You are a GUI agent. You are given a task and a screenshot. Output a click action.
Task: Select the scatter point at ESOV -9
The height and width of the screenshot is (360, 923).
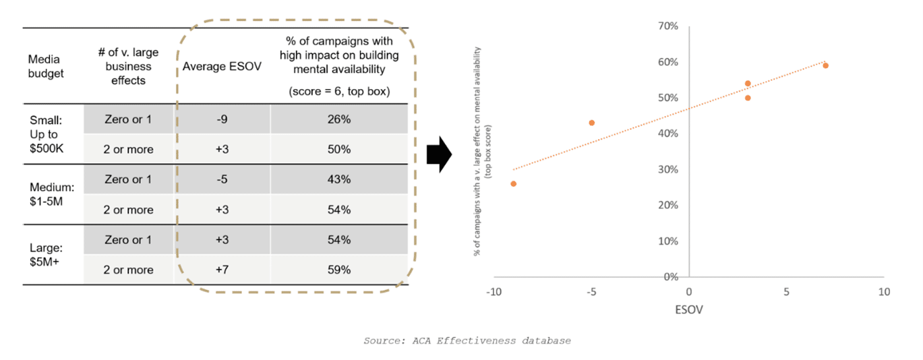(514, 183)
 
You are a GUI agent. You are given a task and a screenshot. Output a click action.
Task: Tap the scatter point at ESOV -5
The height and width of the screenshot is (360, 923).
(591, 123)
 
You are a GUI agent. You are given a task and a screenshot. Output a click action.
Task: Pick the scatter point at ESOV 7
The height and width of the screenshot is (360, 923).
(825, 65)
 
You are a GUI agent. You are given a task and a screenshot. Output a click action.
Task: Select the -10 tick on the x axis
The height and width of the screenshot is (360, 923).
(494, 292)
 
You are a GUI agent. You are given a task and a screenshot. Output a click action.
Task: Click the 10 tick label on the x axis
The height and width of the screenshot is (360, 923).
(883, 292)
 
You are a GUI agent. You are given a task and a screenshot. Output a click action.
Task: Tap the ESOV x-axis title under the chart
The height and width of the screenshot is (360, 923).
(688, 311)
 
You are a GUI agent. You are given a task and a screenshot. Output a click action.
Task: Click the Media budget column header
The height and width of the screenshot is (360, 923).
(47, 67)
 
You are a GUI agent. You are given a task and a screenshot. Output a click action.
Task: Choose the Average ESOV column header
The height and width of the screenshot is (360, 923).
(222, 67)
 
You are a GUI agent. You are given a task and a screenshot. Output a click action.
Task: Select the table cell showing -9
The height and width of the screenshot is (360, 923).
(222, 119)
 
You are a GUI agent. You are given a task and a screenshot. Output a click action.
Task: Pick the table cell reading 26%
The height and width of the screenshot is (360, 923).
(338, 119)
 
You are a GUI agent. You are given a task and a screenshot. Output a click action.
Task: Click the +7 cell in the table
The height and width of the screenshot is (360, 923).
(222, 270)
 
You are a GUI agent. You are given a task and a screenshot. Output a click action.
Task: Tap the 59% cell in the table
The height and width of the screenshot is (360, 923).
(338, 270)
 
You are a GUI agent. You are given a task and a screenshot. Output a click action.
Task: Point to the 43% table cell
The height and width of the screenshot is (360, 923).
(338, 179)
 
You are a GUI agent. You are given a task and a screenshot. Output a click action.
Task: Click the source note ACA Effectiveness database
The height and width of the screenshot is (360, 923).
(467, 341)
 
